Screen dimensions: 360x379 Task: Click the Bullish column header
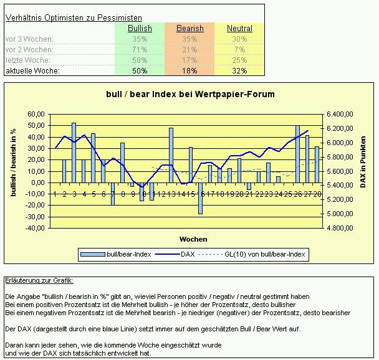tap(140, 29)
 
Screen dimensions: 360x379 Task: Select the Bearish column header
tap(190, 29)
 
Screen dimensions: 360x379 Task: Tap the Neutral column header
tap(239, 29)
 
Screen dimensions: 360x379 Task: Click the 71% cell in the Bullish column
tap(140, 50)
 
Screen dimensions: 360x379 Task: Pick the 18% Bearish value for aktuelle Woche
tap(190, 71)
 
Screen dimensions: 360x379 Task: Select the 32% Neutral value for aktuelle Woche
tap(239, 71)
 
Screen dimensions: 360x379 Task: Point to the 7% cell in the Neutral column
tap(239, 50)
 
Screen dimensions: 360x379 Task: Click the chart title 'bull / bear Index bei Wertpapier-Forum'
tap(189, 94)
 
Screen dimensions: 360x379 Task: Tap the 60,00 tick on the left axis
tap(36, 115)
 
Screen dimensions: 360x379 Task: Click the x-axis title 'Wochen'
tap(193, 239)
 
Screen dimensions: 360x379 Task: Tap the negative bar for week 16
tap(201, 198)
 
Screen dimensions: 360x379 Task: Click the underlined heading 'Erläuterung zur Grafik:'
tap(39, 281)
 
